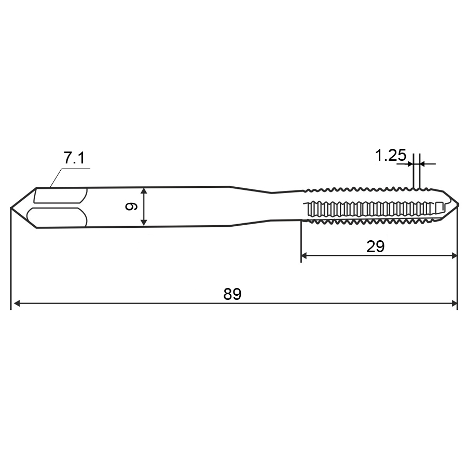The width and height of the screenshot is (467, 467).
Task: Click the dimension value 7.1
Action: click(74, 158)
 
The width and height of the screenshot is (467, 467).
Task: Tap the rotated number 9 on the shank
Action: click(131, 207)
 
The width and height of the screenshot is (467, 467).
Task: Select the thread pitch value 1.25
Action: click(390, 156)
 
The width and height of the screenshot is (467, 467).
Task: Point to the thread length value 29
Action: click(375, 246)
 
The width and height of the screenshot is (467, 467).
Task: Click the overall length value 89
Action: click(232, 294)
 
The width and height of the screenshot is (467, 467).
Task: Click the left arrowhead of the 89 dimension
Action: click(17, 304)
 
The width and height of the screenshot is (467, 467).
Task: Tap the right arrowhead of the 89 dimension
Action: click(454, 304)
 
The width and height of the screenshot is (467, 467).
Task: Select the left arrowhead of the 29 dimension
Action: click(305, 255)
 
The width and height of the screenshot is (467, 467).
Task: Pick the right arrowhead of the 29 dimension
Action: click(454, 255)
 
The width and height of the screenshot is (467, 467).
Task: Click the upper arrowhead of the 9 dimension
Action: click(144, 191)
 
